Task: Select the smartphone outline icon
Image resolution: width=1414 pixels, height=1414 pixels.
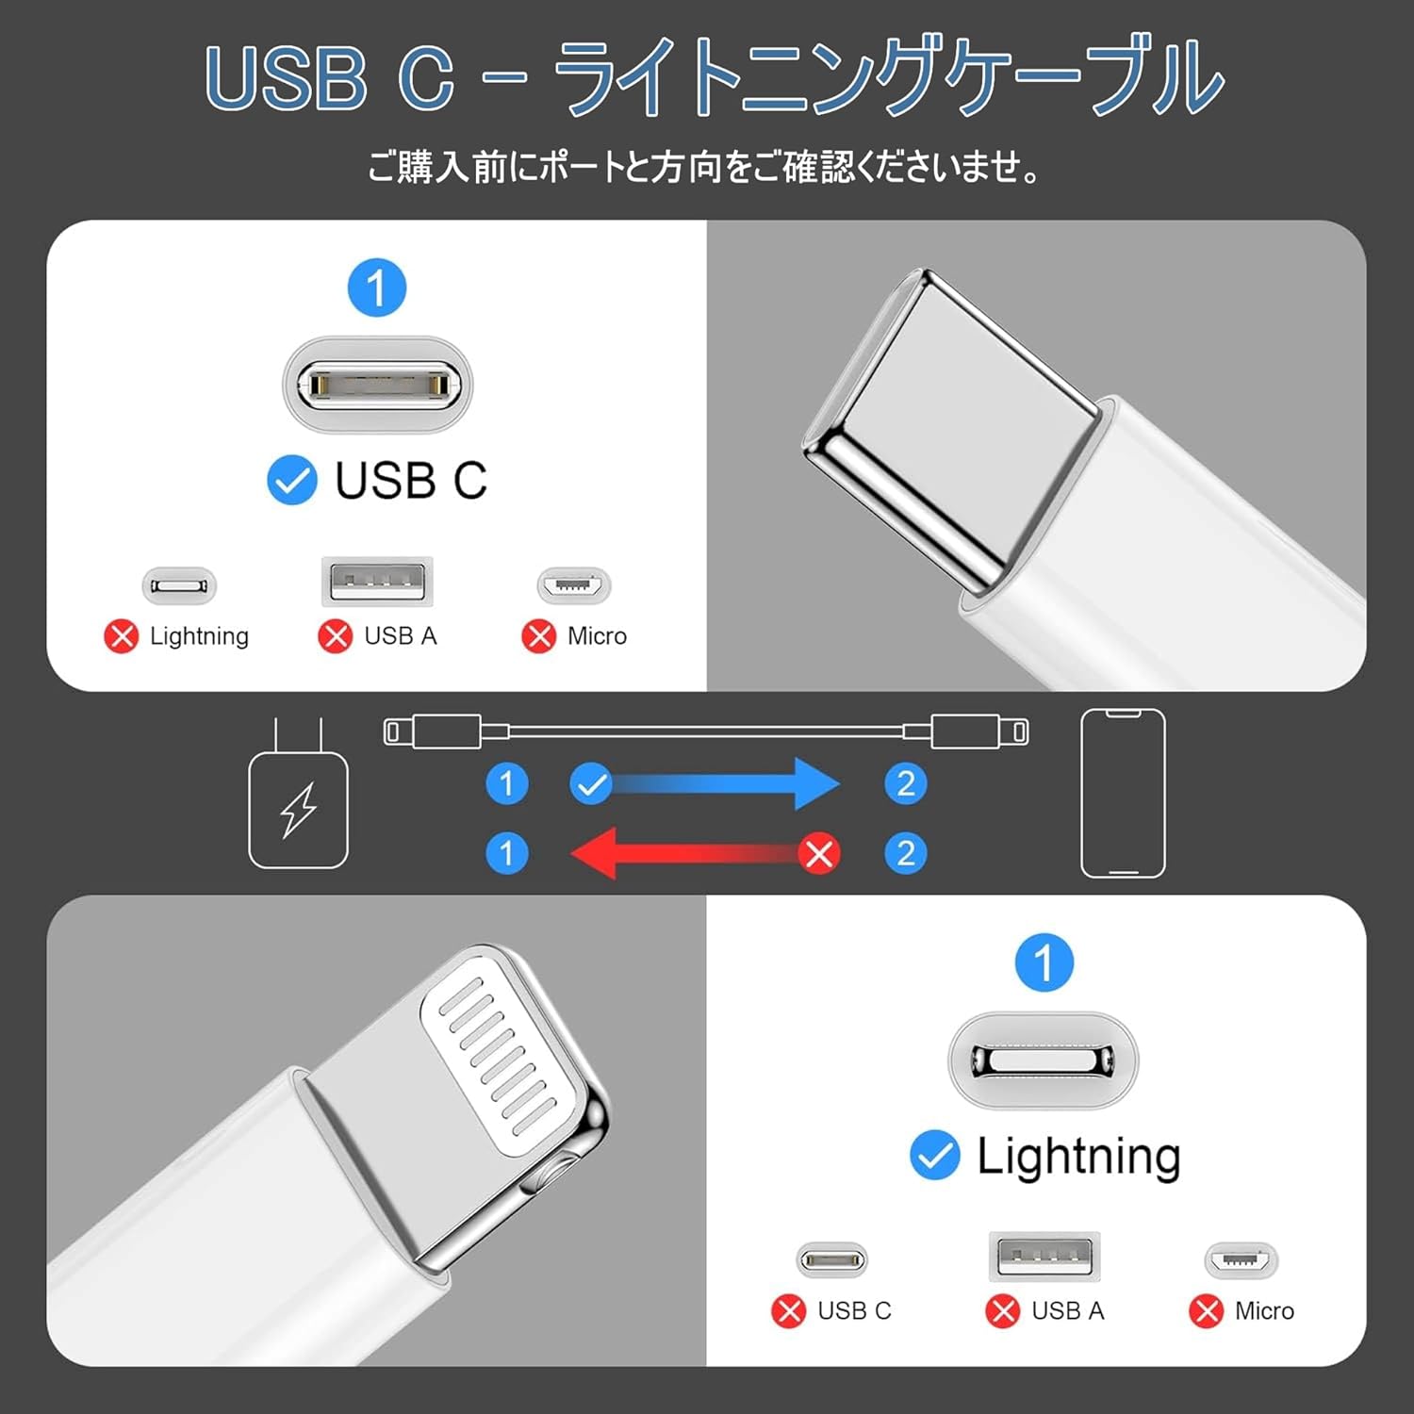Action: (x=1123, y=794)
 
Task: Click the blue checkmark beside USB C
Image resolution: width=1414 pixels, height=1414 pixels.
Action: (x=292, y=481)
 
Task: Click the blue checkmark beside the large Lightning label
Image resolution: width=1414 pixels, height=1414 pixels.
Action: (x=934, y=1156)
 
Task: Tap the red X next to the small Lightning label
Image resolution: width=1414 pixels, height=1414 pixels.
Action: (x=121, y=636)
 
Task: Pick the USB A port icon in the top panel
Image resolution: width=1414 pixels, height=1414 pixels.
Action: (x=377, y=581)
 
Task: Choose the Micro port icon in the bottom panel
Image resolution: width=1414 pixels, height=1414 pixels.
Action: (x=1241, y=1259)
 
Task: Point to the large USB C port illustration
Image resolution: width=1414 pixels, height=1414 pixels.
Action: (x=377, y=385)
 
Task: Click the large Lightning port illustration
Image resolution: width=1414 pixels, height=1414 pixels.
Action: (x=1043, y=1060)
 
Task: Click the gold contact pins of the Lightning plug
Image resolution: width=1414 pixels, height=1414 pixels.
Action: (x=500, y=1056)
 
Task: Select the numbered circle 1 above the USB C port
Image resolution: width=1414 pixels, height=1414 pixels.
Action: (x=377, y=288)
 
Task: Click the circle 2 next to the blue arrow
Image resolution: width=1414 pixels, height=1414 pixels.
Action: (x=906, y=783)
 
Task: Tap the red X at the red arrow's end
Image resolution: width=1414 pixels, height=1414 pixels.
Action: (x=819, y=854)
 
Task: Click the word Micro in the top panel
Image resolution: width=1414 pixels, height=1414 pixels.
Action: (x=597, y=636)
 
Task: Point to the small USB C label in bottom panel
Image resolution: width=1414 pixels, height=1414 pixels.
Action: (x=854, y=1310)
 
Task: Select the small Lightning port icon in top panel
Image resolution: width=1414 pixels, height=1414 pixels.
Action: (x=179, y=585)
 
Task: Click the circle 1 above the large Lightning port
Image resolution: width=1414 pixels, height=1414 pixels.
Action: (x=1044, y=962)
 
